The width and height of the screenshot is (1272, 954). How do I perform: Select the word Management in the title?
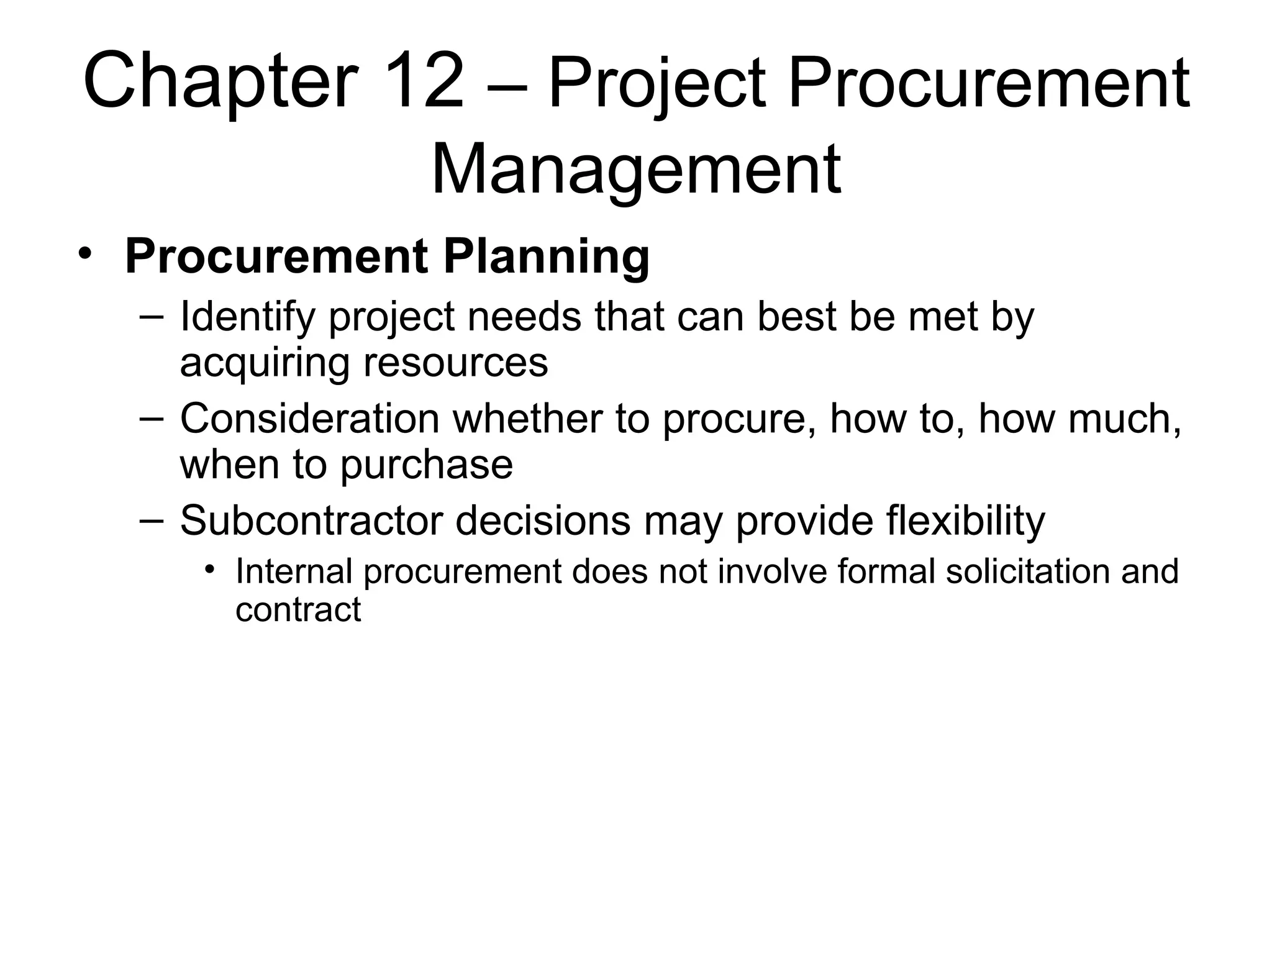[635, 170]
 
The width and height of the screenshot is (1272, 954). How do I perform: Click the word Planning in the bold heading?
[546, 257]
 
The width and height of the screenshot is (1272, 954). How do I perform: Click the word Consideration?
[310, 419]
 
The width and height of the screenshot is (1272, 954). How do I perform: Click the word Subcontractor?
[311, 520]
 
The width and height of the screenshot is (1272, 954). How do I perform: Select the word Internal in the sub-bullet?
[294, 571]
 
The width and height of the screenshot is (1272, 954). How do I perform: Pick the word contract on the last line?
[298, 610]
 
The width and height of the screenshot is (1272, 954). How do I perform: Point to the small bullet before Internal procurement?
[211, 569]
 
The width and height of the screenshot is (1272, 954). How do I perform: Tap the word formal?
[886, 571]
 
